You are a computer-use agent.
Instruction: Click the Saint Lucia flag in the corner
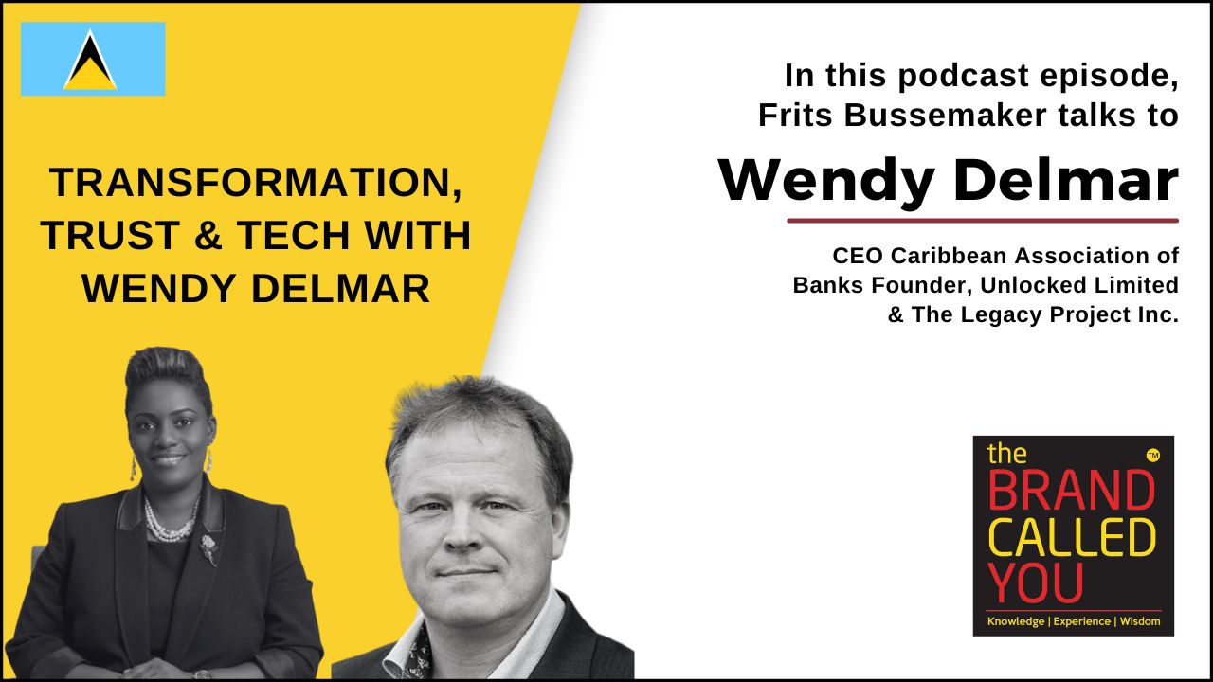coord(93,59)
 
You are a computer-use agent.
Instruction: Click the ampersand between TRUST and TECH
coord(208,236)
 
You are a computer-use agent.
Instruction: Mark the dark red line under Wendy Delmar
coord(983,221)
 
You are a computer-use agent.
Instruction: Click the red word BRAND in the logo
coord(1072,492)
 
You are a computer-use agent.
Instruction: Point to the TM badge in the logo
coord(1153,457)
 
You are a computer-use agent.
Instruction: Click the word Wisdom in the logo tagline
coord(1140,621)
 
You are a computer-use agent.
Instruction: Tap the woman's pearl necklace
coord(169,522)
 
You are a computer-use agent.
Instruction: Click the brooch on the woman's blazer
coord(209,548)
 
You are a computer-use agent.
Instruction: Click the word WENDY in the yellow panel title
coord(158,289)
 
